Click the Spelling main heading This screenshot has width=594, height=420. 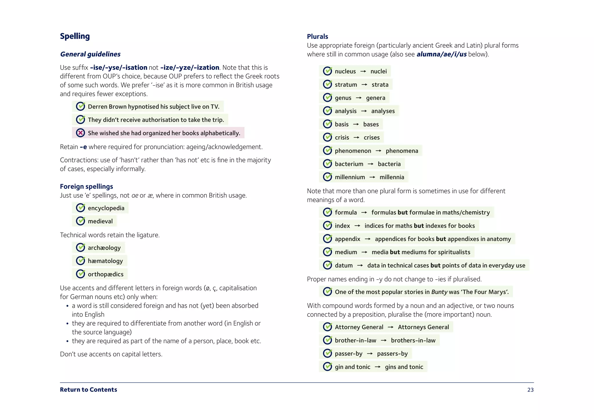point(75,36)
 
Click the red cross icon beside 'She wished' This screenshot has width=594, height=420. point(80,133)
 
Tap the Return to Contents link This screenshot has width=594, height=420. point(88,390)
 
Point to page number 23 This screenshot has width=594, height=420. point(530,390)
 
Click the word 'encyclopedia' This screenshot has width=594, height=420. point(106,208)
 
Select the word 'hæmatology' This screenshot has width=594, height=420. point(105,261)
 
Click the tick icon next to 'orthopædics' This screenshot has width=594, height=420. point(80,274)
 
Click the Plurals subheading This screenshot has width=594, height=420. point(317,37)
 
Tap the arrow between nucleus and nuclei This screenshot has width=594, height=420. point(363,71)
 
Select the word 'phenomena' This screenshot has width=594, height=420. point(402,151)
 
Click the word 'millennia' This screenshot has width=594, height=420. point(392,177)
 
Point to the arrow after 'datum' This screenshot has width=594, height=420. point(360,265)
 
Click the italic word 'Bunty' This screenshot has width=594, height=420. point(439,292)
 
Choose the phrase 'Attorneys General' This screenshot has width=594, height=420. point(423,327)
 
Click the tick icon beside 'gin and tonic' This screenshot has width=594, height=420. point(327,367)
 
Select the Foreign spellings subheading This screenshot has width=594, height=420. point(86,187)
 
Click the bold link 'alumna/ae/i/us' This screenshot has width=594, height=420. point(441,54)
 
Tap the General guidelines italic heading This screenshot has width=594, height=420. point(90,54)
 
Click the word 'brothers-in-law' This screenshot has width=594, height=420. point(413,341)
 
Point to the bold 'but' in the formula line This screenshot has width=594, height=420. point(403,213)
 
